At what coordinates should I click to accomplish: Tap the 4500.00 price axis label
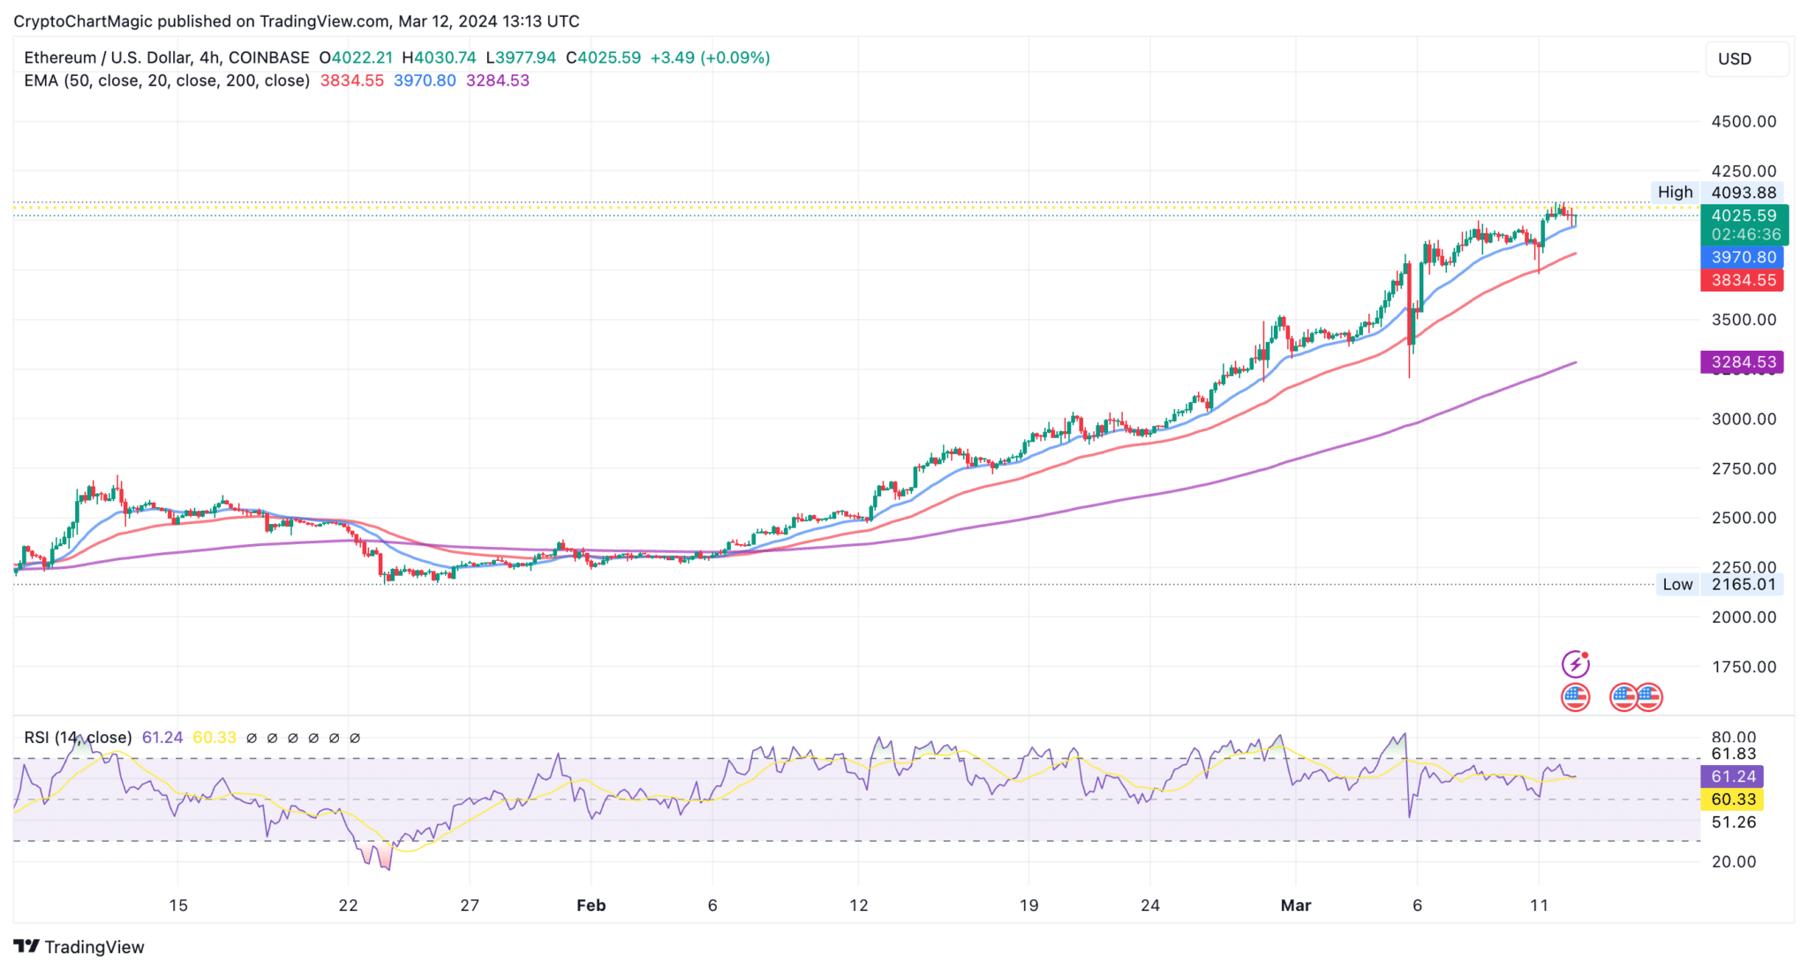tap(1744, 122)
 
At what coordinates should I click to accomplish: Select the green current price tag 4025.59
tap(1744, 216)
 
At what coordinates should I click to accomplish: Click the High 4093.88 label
tap(1716, 193)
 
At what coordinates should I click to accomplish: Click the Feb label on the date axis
tap(591, 906)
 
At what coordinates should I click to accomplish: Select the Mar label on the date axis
tap(1295, 906)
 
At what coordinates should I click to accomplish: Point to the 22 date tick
tap(348, 906)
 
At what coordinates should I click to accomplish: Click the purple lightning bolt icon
tap(1575, 663)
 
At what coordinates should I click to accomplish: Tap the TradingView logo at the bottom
tap(79, 947)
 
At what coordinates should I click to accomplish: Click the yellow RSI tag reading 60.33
tap(1732, 799)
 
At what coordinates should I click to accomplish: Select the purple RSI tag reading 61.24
tap(1732, 777)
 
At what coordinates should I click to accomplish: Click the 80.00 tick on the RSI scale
tap(1733, 738)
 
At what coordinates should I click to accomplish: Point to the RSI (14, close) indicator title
tap(78, 738)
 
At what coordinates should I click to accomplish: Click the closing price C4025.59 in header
tap(604, 58)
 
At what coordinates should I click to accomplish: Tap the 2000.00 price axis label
tap(1744, 618)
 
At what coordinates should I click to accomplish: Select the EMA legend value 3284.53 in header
tap(497, 81)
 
